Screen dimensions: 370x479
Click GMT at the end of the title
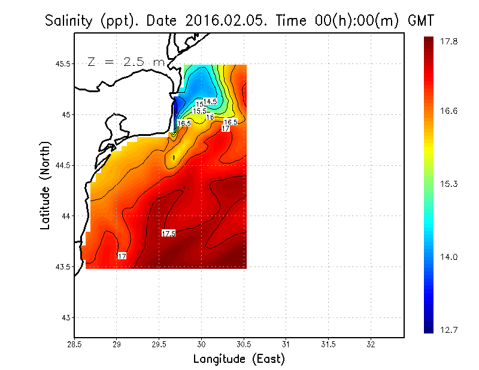click(420, 21)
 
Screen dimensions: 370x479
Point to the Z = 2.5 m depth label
click(125, 62)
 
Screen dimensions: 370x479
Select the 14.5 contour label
click(210, 102)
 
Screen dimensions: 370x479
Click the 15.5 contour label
click(199, 111)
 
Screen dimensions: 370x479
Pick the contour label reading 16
click(210, 117)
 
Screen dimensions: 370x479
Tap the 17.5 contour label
click(168, 233)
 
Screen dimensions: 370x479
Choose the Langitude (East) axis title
click(239, 359)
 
